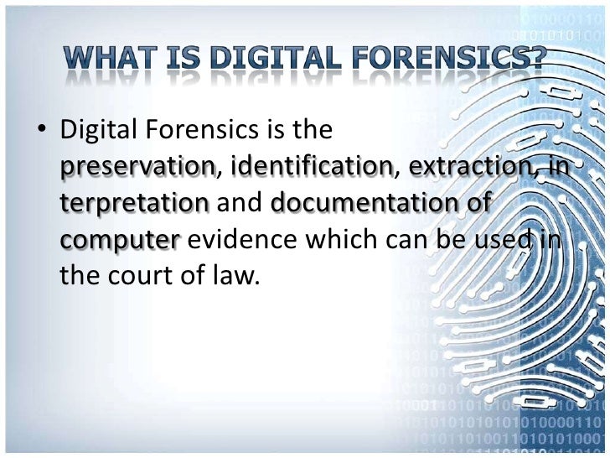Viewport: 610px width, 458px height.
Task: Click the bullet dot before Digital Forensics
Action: click(x=39, y=132)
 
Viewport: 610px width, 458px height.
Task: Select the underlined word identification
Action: click(x=314, y=168)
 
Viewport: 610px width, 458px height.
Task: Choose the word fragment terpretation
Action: click(x=134, y=204)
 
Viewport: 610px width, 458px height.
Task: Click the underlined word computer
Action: click(x=121, y=240)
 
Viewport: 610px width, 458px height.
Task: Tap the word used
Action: click(x=505, y=240)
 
